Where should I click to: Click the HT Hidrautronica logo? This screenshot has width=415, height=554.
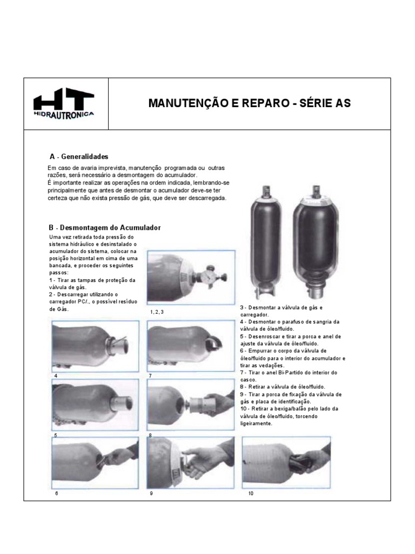64,103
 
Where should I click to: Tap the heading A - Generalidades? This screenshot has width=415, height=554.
79,156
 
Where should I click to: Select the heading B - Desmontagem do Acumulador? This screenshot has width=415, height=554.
105,228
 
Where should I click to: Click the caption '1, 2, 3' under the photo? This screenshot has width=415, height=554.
157,312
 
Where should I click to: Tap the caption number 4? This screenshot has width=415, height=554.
56,376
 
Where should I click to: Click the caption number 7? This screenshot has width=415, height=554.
150,376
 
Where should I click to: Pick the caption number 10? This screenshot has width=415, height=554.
251,493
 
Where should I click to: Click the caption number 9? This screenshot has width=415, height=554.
151,493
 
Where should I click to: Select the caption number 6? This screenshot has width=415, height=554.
56,493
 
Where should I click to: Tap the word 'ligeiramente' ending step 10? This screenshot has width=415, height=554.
256,424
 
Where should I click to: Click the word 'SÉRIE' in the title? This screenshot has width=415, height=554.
315,103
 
